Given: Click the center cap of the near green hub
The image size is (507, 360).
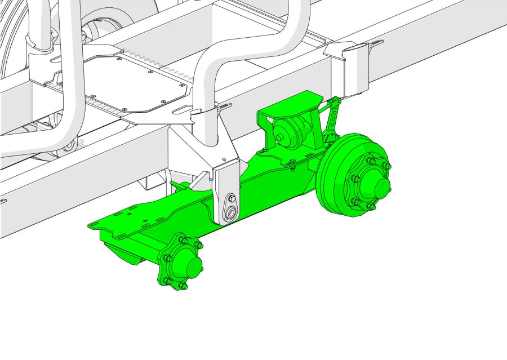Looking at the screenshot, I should [190, 265].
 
